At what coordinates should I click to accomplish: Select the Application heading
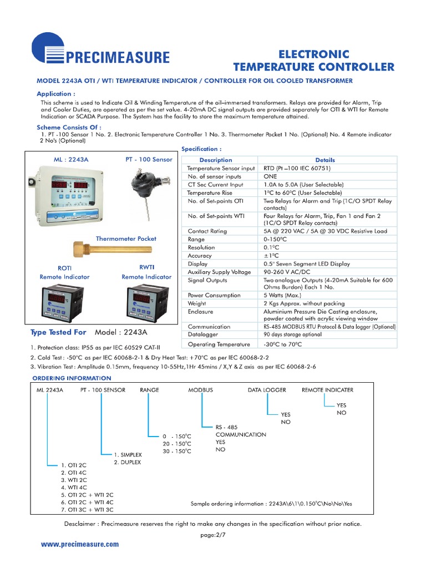[55, 94]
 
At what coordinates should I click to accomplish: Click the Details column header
[324, 160]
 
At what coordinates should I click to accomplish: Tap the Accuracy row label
[200, 256]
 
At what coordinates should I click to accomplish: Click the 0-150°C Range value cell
[276, 239]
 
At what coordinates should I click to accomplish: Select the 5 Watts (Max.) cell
[283, 296]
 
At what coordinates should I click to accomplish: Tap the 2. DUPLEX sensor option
[128, 462]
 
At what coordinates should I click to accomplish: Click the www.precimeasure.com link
[80, 544]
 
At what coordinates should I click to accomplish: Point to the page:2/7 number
[213, 535]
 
